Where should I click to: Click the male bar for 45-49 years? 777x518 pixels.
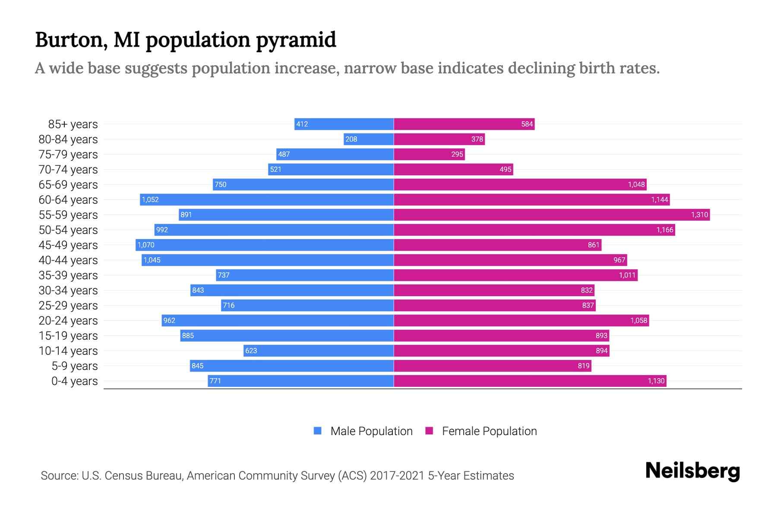[x=264, y=245]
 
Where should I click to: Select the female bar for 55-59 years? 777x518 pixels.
[x=552, y=215]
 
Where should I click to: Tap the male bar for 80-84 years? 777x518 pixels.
[x=369, y=139]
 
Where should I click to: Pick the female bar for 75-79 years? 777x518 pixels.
[x=429, y=154]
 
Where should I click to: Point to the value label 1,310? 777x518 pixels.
[x=699, y=215]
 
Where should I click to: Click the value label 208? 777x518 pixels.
[x=351, y=139]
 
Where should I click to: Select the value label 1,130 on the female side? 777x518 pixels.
[x=656, y=381]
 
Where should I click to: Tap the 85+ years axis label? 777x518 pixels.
[x=73, y=124]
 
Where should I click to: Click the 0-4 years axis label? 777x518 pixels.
[x=74, y=381]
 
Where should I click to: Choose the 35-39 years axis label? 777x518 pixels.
[x=68, y=275]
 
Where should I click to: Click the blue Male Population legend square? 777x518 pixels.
[x=318, y=431]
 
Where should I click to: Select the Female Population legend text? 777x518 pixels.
[x=489, y=431]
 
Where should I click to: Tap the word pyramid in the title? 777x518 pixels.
[x=296, y=40]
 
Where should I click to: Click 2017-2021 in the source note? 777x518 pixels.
[x=397, y=476]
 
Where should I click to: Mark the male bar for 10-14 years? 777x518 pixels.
[x=319, y=351]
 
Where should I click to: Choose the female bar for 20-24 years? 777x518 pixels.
[x=521, y=320]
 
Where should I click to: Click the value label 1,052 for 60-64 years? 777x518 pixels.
[x=150, y=199]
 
